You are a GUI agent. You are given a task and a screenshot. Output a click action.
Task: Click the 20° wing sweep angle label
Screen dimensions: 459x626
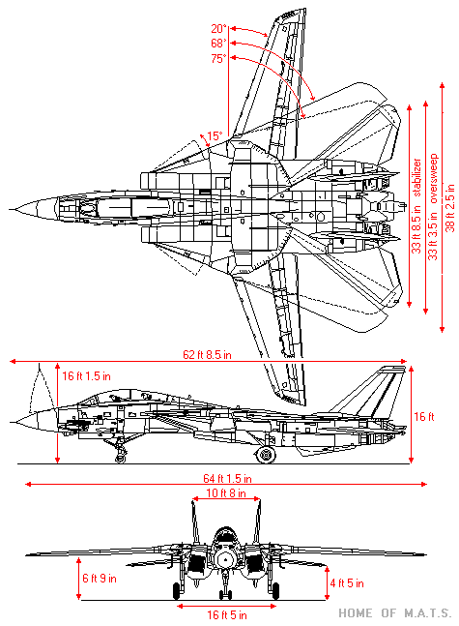[x=219, y=29]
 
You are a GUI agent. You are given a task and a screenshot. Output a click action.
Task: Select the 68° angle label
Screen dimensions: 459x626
[x=219, y=44]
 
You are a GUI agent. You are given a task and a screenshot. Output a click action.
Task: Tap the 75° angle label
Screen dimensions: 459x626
[x=219, y=59]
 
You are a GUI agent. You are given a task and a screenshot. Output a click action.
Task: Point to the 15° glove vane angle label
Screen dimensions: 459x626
[x=215, y=135]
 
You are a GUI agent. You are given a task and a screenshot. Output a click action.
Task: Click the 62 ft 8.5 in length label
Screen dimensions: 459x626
[x=207, y=354]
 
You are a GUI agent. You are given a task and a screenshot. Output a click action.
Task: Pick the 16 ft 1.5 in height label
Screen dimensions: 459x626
[x=87, y=376]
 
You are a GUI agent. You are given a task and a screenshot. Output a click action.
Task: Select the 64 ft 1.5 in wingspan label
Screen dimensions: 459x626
[x=227, y=478]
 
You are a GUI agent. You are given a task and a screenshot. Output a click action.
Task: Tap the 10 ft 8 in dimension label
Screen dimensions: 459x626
[x=226, y=493]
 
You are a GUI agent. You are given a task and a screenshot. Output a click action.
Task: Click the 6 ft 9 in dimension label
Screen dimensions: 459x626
[x=100, y=578]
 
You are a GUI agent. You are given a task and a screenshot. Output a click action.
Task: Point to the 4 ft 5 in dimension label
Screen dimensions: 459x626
[x=347, y=583]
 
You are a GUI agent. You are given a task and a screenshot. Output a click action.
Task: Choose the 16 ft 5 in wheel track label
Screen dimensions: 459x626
[x=227, y=614]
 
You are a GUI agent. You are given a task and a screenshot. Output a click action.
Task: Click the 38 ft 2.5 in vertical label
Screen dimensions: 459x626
[x=450, y=208]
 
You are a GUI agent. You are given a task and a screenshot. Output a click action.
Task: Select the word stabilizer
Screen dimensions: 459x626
[x=416, y=178]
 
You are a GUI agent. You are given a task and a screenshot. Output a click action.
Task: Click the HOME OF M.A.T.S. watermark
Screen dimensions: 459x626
[x=395, y=612]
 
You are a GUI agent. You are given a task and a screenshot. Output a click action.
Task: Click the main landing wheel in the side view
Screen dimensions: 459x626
[x=266, y=455]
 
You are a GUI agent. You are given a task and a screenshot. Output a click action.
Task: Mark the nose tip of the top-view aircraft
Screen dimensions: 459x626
[x=11, y=209]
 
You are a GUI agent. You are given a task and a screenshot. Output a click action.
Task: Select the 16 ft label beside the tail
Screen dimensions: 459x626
[x=424, y=417]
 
